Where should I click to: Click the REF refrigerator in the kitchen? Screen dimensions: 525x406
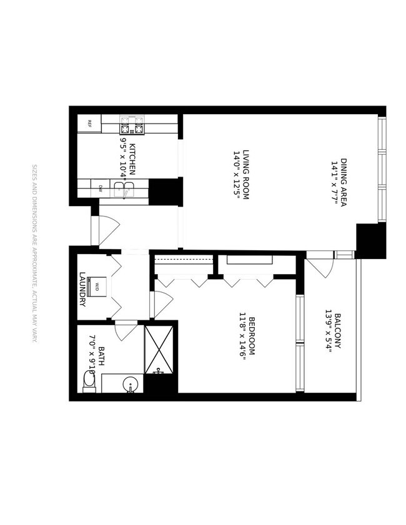(89, 123)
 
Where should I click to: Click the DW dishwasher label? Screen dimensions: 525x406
(101, 187)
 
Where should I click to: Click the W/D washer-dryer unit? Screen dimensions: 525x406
(97, 287)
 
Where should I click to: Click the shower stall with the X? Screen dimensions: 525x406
(162, 350)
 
